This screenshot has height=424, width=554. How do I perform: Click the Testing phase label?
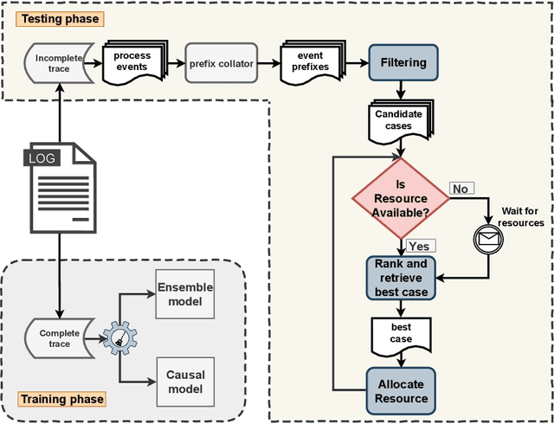pos(59,18)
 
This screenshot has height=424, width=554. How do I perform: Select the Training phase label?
pos(61,399)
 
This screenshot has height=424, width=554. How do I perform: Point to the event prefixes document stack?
pos(309,62)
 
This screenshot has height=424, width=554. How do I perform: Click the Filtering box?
pos(403,62)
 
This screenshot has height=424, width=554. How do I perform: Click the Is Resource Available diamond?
pos(400,198)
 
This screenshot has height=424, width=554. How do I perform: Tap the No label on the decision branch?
pos(460,189)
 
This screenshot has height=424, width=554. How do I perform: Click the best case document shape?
pos(401,334)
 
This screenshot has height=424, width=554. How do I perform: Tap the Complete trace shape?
pos(60,338)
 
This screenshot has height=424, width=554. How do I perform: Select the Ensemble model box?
pos(184,295)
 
